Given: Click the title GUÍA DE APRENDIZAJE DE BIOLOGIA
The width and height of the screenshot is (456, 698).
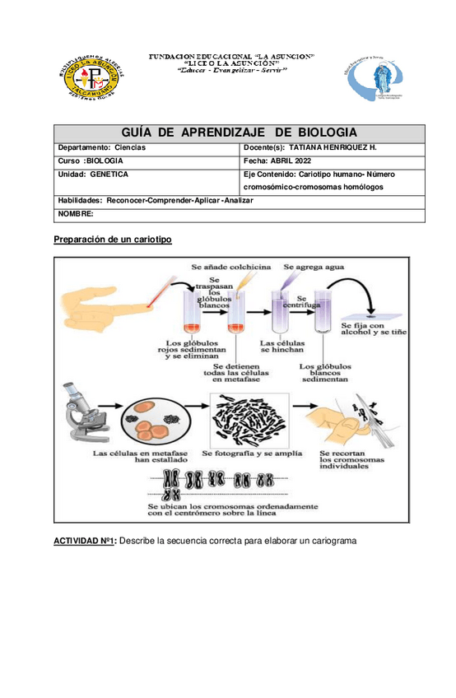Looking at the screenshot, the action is click(x=239, y=133).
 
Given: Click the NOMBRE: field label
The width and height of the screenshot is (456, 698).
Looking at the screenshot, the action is click(x=75, y=214).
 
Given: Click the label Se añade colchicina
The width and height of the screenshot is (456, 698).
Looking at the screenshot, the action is click(x=230, y=267).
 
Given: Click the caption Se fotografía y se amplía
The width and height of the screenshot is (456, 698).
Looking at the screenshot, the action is click(x=252, y=453).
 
